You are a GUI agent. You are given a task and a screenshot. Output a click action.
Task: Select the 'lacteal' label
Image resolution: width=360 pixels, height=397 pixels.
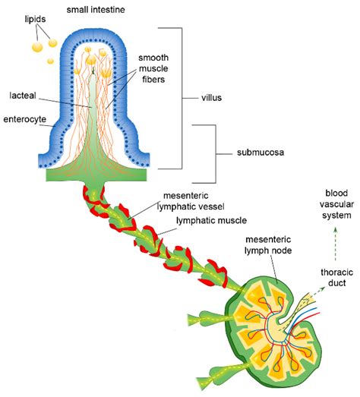pyautogui.click(x=24, y=96)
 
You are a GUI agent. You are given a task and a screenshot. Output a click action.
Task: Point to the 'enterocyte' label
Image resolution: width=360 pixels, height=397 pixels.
pyautogui.click(x=23, y=119)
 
